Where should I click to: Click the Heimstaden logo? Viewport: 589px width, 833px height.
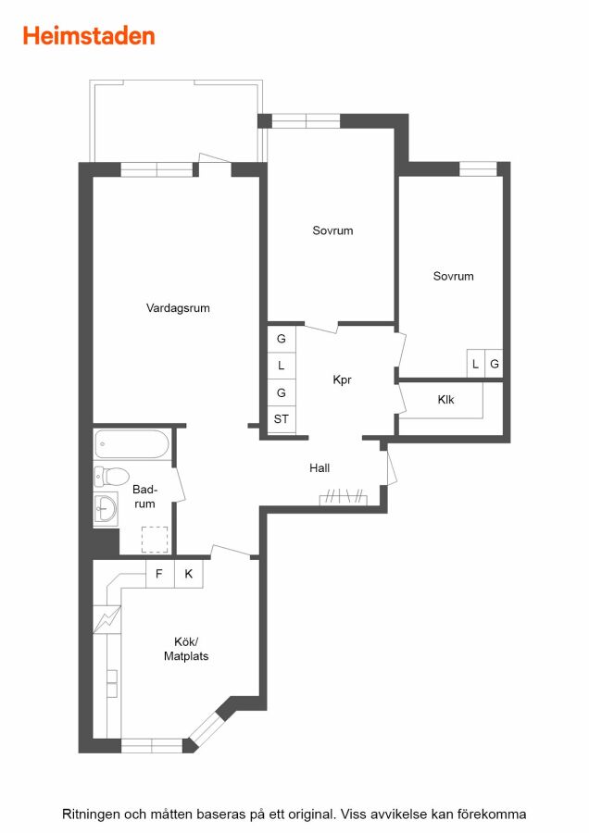89,36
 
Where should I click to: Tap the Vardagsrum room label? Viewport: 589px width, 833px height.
178,308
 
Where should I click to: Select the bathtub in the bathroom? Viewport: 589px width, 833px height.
132,444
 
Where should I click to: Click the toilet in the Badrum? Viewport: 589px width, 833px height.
112,476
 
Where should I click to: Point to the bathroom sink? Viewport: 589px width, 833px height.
106,509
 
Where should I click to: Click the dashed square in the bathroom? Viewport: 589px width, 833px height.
155,540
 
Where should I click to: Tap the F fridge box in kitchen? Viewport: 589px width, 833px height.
160,574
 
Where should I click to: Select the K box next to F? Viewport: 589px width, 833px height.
189,574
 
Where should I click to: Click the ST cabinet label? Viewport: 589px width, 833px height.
282,419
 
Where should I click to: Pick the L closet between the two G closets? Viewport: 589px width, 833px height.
282,366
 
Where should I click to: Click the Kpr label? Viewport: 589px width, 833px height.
342,379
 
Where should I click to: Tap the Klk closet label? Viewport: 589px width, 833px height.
446,400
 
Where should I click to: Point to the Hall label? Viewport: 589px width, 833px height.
320,468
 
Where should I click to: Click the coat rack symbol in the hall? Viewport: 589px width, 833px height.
344,498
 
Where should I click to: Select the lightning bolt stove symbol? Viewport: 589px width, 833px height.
107,619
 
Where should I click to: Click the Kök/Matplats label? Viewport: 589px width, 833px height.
186,649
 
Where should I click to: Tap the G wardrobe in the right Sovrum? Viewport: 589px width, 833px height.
495,364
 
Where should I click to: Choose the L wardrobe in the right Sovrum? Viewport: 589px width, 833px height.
476,364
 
